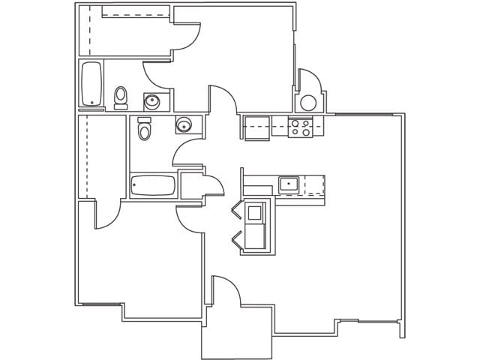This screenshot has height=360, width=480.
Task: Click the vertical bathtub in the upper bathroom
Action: tap(91, 84)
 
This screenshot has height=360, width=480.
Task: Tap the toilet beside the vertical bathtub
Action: tap(120, 97)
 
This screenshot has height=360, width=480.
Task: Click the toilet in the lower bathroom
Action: tap(145, 129)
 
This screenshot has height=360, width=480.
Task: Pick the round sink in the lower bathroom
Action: tap(184, 124)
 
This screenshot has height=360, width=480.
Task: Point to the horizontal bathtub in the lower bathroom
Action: tap(153, 185)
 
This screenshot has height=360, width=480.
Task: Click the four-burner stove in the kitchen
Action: tap(301, 127)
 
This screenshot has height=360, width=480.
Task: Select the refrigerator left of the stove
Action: tap(255, 127)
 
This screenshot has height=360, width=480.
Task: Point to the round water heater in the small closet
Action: tap(308, 103)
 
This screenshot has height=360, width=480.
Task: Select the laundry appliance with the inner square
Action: tap(255, 212)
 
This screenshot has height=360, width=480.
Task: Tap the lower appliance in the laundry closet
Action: tap(255, 237)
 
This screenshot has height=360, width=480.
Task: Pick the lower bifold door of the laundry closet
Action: tap(238, 239)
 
